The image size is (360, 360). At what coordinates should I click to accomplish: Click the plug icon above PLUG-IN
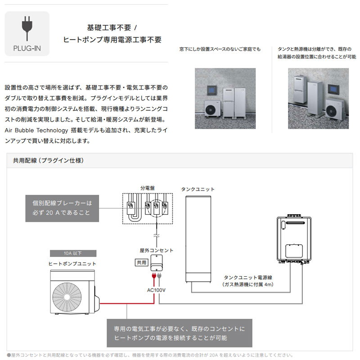click(x=27, y=29)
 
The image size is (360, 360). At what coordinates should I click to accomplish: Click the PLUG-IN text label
click(x=27, y=48)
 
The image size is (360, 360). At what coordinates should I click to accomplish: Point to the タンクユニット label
click(x=198, y=189)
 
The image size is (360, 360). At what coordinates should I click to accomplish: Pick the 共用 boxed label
click(x=141, y=262)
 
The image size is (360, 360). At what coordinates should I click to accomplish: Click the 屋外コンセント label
click(x=157, y=250)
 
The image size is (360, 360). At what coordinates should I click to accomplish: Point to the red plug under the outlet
click(x=154, y=276)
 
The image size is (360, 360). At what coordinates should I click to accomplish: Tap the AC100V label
click(x=157, y=290)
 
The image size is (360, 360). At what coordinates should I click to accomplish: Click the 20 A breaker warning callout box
click(x=62, y=207)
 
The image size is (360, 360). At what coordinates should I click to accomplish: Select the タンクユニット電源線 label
click(x=247, y=278)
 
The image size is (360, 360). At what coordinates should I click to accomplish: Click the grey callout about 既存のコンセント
click(x=179, y=333)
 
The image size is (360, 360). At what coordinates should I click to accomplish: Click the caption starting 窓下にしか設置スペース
click(x=220, y=49)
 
